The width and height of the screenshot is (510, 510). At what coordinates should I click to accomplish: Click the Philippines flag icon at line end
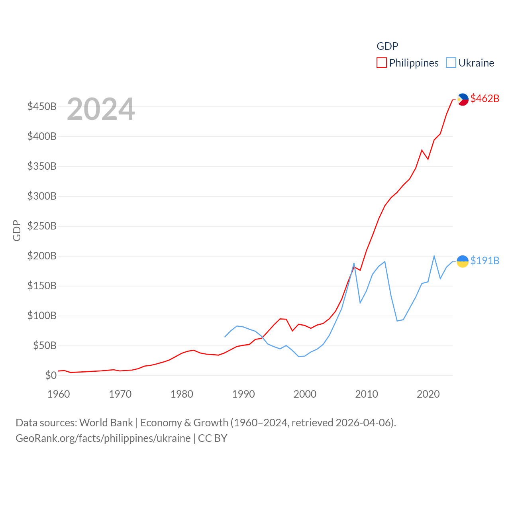(x=463, y=99)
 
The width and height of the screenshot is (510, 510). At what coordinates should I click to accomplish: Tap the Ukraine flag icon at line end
(x=463, y=261)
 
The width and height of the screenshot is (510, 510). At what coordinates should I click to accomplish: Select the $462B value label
(x=484, y=98)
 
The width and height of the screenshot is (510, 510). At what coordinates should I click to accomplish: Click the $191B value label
(x=484, y=261)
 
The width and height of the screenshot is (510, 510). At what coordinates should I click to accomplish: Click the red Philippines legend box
(x=382, y=63)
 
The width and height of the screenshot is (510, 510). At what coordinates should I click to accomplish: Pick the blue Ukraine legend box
(x=451, y=63)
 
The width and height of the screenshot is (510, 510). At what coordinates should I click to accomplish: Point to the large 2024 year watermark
(x=101, y=109)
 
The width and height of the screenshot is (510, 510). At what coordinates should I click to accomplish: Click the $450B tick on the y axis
(x=42, y=107)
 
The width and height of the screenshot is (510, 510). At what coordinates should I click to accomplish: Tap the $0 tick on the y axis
(x=51, y=375)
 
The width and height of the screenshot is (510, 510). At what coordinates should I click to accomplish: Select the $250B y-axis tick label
(x=42, y=226)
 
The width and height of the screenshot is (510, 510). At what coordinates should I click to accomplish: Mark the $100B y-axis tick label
(x=42, y=316)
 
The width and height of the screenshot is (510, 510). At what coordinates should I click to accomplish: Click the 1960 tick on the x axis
(x=59, y=394)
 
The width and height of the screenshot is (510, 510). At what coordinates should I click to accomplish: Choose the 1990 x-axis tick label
(x=243, y=394)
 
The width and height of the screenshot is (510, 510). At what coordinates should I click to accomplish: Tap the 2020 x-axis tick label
(x=428, y=394)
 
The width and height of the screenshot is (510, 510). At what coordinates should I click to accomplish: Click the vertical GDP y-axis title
(x=17, y=230)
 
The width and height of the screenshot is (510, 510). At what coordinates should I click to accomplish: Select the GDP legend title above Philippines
(x=387, y=46)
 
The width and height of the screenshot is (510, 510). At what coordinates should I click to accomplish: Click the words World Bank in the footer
(x=106, y=423)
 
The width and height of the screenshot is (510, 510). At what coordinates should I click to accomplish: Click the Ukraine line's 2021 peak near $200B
(x=434, y=256)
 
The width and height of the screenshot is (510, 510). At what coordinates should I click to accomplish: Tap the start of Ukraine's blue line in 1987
(x=225, y=337)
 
